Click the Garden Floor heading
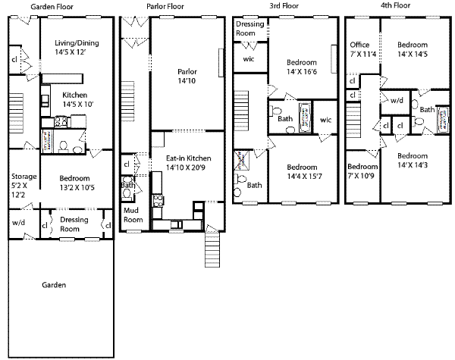[x=52, y=6]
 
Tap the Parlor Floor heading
[x=165, y=6]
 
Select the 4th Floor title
[x=396, y=5]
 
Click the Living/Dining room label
[x=77, y=43]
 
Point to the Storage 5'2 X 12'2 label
[x=24, y=186]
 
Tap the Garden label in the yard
[x=54, y=285]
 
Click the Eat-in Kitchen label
[x=188, y=158]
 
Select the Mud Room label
[x=133, y=215]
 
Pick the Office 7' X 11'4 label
[x=362, y=49]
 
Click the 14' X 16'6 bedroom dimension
[x=302, y=72]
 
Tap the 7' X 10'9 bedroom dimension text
[x=361, y=176]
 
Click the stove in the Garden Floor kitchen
[x=61, y=121]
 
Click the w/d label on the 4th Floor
[x=397, y=100]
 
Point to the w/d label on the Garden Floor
[x=18, y=223]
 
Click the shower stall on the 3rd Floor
[x=241, y=160]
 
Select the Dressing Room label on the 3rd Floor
[x=249, y=29]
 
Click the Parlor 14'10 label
[x=187, y=76]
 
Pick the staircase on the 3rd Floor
[x=241, y=108]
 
